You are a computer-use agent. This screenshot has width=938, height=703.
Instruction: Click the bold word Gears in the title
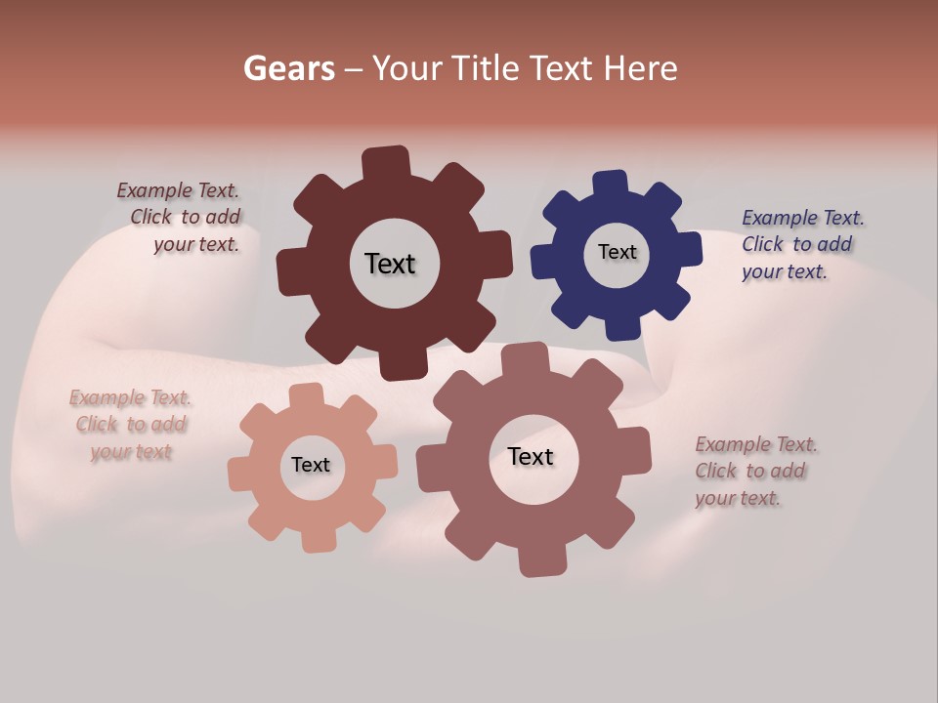coord(288,68)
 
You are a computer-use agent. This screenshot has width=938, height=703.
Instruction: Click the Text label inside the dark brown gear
coord(390,264)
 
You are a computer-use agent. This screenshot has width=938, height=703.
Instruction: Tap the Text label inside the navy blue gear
coord(617,252)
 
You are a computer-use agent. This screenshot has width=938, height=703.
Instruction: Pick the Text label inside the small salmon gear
coord(311,465)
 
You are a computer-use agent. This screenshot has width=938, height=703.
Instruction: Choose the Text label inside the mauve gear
coord(531,456)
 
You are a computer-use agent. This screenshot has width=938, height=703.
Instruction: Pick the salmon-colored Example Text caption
coord(130,425)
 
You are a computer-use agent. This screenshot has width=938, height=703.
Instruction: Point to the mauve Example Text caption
coord(754,471)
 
